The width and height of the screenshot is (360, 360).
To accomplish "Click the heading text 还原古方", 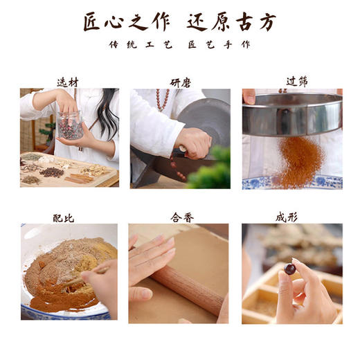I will [231, 21].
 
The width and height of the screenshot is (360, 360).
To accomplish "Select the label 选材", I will [68, 82].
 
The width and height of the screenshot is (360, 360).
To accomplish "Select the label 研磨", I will [180, 82].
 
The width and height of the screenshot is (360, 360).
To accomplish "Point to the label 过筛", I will [291, 81].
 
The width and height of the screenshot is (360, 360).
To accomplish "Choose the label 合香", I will [180, 217].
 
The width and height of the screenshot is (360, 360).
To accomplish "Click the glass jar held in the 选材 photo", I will [70, 125].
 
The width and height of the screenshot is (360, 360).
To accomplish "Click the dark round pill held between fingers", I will [291, 269].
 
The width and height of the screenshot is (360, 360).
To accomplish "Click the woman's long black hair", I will [108, 114].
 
